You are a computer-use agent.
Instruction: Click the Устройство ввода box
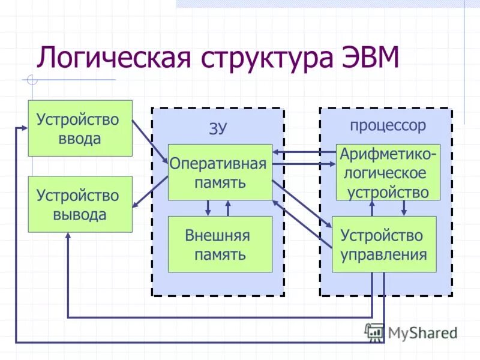click(x=80, y=128)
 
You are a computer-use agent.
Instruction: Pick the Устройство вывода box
click(x=80, y=204)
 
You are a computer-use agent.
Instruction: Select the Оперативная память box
click(x=220, y=172)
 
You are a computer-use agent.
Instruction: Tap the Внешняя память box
click(x=220, y=244)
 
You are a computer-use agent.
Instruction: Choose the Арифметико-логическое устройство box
click(x=388, y=172)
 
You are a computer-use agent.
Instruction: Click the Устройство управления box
click(x=384, y=244)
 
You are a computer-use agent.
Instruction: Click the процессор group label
click(x=388, y=125)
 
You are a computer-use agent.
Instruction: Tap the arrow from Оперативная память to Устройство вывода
click(x=150, y=192)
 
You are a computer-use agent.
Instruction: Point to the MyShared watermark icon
click(x=374, y=331)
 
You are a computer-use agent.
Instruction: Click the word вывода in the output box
click(x=79, y=214)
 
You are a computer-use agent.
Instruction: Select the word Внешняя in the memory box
click(x=217, y=235)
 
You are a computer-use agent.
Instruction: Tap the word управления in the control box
click(x=384, y=254)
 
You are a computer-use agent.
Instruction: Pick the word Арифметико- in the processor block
click(x=388, y=154)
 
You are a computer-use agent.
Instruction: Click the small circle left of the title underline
click(x=32, y=79)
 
